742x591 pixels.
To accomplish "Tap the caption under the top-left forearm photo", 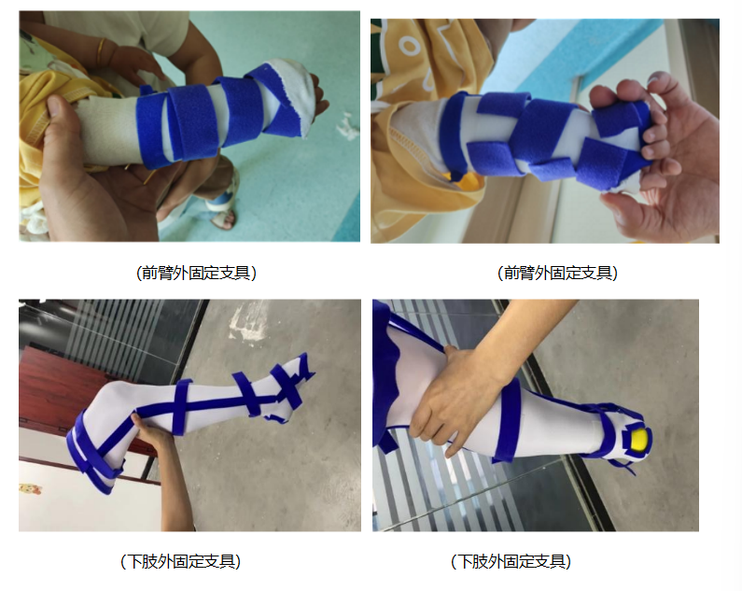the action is [x=196, y=273].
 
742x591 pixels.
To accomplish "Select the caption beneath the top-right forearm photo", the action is [x=557, y=273].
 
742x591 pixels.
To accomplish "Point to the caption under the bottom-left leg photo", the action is [x=181, y=562].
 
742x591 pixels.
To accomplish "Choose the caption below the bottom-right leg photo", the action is [x=511, y=562].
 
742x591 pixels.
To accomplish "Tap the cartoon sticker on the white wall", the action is [x=30, y=488].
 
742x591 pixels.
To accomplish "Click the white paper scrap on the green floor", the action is [x=347, y=127].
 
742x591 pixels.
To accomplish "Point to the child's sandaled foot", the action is [x=221, y=208].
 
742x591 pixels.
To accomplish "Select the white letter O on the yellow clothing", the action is [x=408, y=46].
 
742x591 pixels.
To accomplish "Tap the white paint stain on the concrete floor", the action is [x=247, y=322].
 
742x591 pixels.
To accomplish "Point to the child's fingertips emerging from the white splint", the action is [x=323, y=101].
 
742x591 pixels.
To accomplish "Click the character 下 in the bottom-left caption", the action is [x=135, y=562].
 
